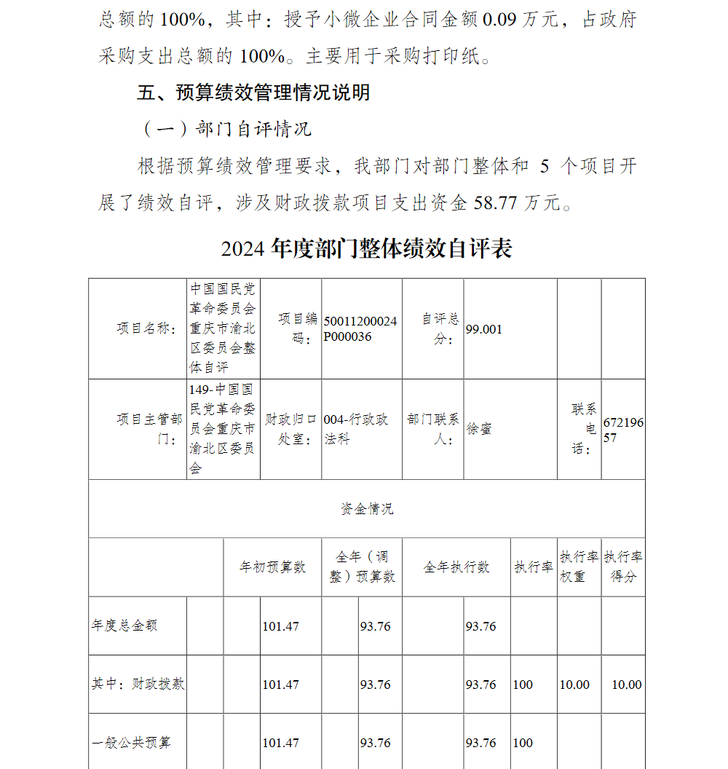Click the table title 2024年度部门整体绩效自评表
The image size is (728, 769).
point(366,248)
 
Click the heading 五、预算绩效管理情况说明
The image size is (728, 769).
point(253,92)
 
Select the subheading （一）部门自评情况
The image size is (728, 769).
point(225,129)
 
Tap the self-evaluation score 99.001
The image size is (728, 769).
point(484,329)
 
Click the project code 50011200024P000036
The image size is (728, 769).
point(360,328)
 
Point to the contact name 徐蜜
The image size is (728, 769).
point(479,429)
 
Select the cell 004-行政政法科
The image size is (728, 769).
point(356,429)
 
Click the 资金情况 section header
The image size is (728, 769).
point(367,509)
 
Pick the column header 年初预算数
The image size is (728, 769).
point(272,567)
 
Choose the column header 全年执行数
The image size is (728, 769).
point(456,567)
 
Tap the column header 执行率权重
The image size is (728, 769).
point(579,567)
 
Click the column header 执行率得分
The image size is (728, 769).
point(623,567)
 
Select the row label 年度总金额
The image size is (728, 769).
point(124,626)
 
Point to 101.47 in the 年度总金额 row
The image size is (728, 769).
point(280,626)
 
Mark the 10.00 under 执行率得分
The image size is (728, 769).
point(626,685)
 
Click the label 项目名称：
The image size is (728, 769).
point(148,329)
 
